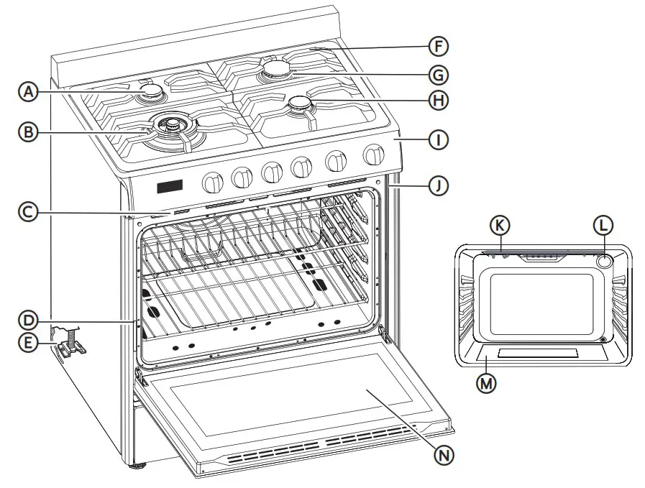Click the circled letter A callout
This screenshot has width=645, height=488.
[27, 91]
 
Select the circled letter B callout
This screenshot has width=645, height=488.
[27, 132]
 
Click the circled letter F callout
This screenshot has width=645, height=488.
[437, 47]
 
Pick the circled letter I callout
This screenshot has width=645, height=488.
[437, 140]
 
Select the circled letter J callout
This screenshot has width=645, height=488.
[437, 186]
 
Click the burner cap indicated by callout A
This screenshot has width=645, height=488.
[151, 91]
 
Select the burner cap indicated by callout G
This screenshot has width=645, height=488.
[276, 69]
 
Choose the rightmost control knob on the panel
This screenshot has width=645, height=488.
[373, 155]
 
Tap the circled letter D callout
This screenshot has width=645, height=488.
[27, 318]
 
